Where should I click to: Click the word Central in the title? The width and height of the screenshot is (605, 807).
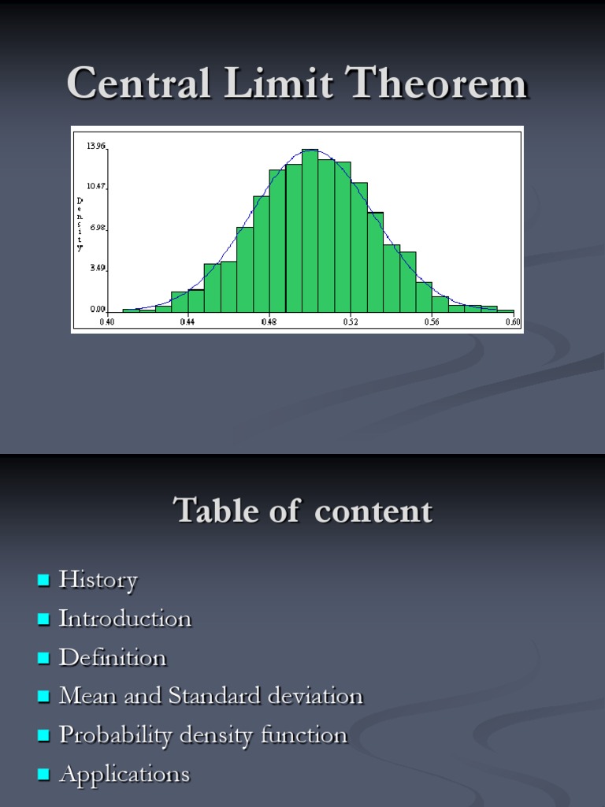point(139,84)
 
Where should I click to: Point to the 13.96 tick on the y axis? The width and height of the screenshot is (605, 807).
point(96,146)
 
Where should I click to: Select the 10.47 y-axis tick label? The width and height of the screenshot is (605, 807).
point(96,186)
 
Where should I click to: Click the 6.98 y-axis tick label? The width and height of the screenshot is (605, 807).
point(97,227)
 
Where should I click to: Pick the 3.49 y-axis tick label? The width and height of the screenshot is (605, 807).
point(97,268)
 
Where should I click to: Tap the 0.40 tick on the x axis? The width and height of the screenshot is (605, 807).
point(106,322)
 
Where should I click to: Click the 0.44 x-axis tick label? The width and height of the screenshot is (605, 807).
point(187,322)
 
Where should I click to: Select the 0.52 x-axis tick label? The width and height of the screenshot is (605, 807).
point(351,322)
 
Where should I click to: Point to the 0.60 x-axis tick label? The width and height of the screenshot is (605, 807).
point(513,322)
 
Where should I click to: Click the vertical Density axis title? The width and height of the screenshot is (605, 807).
point(80,225)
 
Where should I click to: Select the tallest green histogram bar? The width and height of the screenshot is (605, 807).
point(310,231)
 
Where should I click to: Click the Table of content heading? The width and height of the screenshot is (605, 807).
point(302,511)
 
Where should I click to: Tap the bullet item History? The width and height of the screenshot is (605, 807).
point(98,580)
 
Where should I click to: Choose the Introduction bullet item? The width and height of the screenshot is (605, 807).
point(125,619)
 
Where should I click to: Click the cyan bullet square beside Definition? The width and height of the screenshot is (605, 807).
point(43,658)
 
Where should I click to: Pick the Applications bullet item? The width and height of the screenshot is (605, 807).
point(124,774)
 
